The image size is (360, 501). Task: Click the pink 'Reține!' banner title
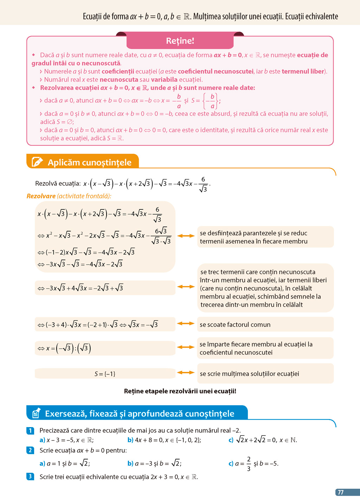coord(180,41)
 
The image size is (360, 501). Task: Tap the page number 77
coord(341,492)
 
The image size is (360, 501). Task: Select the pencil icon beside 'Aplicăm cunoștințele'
coord(37,162)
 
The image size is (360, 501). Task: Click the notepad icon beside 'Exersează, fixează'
coord(36,413)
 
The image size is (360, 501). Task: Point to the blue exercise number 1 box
coord(31,430)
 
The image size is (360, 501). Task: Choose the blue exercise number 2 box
coord(31,450)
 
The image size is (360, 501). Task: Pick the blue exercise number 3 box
coord(31,476)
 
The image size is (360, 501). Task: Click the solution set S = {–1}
coord(105,374)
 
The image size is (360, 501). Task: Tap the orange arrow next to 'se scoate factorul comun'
coord(186,324)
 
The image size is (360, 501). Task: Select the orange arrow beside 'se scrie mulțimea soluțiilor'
coord(186,373)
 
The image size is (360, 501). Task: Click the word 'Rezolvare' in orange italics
coord(41,196)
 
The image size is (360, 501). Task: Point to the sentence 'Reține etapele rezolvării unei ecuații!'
coord(180,391)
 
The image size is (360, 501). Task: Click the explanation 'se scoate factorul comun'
coord(235,324)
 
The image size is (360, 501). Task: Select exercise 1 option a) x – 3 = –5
coord(66,440)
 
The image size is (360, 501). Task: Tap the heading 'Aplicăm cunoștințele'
coord(89,162)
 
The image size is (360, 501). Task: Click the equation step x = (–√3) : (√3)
coord(65,348)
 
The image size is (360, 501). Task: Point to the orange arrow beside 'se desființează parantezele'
coord(186,236)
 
